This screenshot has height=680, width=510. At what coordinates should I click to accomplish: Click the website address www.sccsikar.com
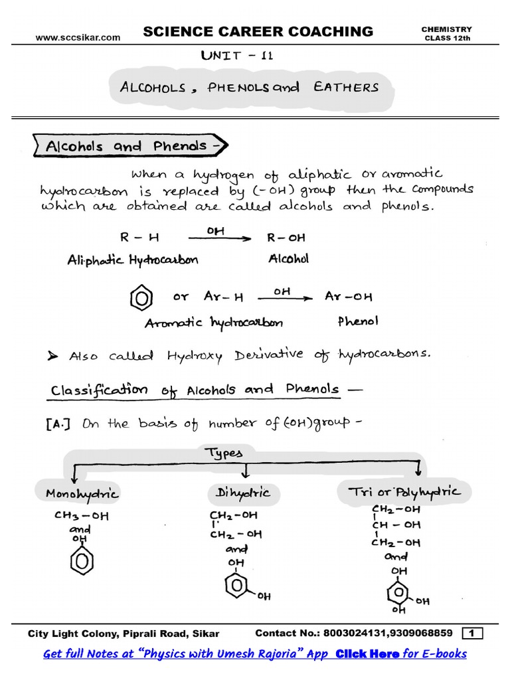[x=78, y=38]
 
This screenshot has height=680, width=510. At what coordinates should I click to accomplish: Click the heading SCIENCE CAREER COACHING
[x=258, y=31]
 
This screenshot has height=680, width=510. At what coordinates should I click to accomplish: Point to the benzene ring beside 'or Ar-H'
[x=139, y=297]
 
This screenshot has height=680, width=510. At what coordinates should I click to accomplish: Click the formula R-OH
[x=286, y=238]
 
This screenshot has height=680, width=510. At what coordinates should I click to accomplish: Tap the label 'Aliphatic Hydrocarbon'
[x=133, y=260]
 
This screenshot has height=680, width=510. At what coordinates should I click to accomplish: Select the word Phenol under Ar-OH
[x=358, y=321]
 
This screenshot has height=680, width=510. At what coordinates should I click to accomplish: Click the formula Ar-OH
[x=349, y=297]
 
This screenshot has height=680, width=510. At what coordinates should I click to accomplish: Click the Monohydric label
[x=82, y=493]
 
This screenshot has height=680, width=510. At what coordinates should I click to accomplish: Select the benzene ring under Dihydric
[x=237, y=588]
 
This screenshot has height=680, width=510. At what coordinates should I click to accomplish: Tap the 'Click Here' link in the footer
[x=368, y=654]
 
